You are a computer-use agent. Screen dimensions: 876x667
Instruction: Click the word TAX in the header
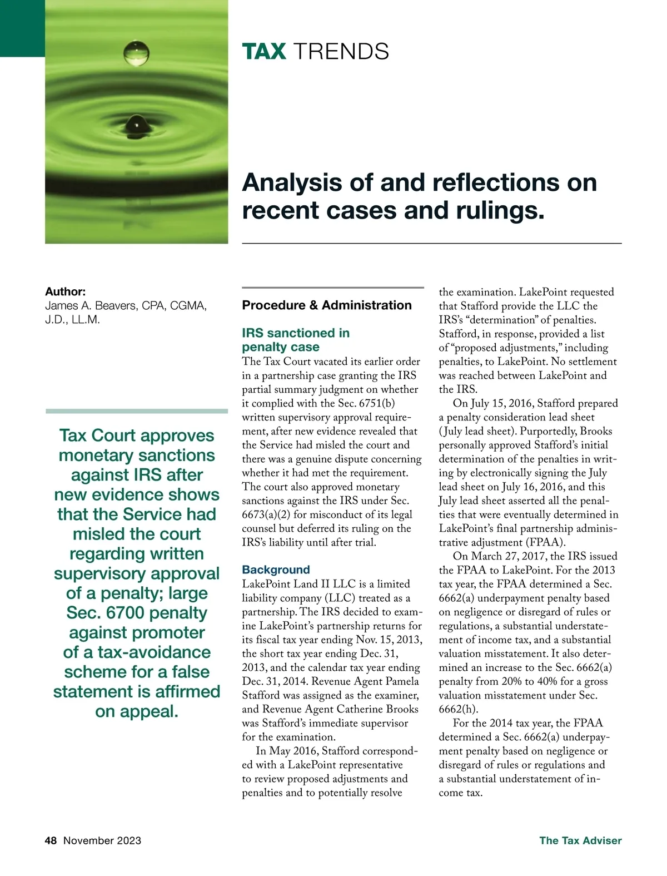tap(264, 52)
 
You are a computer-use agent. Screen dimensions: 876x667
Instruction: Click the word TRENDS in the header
tap(340, 52)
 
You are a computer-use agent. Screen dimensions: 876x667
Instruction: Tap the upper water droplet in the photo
tap(137, 53)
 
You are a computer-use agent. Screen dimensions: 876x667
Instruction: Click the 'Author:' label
tap(65, 291)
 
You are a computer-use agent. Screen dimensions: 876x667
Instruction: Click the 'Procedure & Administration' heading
tap(327, 305)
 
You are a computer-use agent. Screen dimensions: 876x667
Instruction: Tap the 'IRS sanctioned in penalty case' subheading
tap(295, 340)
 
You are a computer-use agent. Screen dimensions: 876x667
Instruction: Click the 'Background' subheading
tap(276, 570)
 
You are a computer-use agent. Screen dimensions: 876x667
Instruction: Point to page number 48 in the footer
tap(51, 840)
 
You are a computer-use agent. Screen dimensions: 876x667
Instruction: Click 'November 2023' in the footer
tap(102, 840)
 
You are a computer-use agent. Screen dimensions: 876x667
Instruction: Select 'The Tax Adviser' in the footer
tap(580, 840)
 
